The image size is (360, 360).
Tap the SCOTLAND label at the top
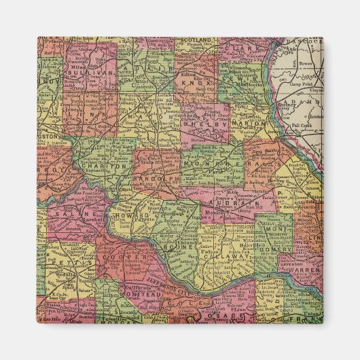click(198, 41)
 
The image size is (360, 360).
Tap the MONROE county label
click(212, 165)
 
